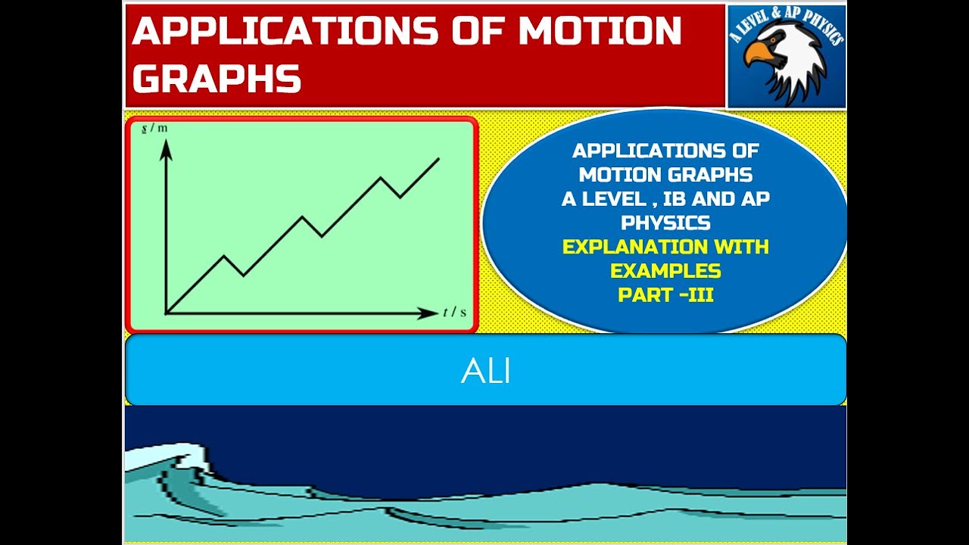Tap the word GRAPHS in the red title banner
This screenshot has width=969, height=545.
(x=217, y=78)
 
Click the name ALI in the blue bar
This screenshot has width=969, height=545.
(x=485, y=371)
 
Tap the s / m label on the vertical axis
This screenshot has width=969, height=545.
(x=154, y=128)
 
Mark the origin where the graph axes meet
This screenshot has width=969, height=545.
(x=167, y=312)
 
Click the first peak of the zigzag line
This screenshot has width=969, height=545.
(x=225, y=256)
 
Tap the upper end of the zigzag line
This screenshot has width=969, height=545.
(x=439, y=158)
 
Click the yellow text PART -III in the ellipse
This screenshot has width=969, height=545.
(x=665, y=295)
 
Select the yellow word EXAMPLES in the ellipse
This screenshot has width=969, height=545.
(x=665, y=271)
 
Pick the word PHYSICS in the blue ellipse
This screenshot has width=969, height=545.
(x=665, y=223)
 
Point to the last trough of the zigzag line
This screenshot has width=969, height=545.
(x=400, y=197)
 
